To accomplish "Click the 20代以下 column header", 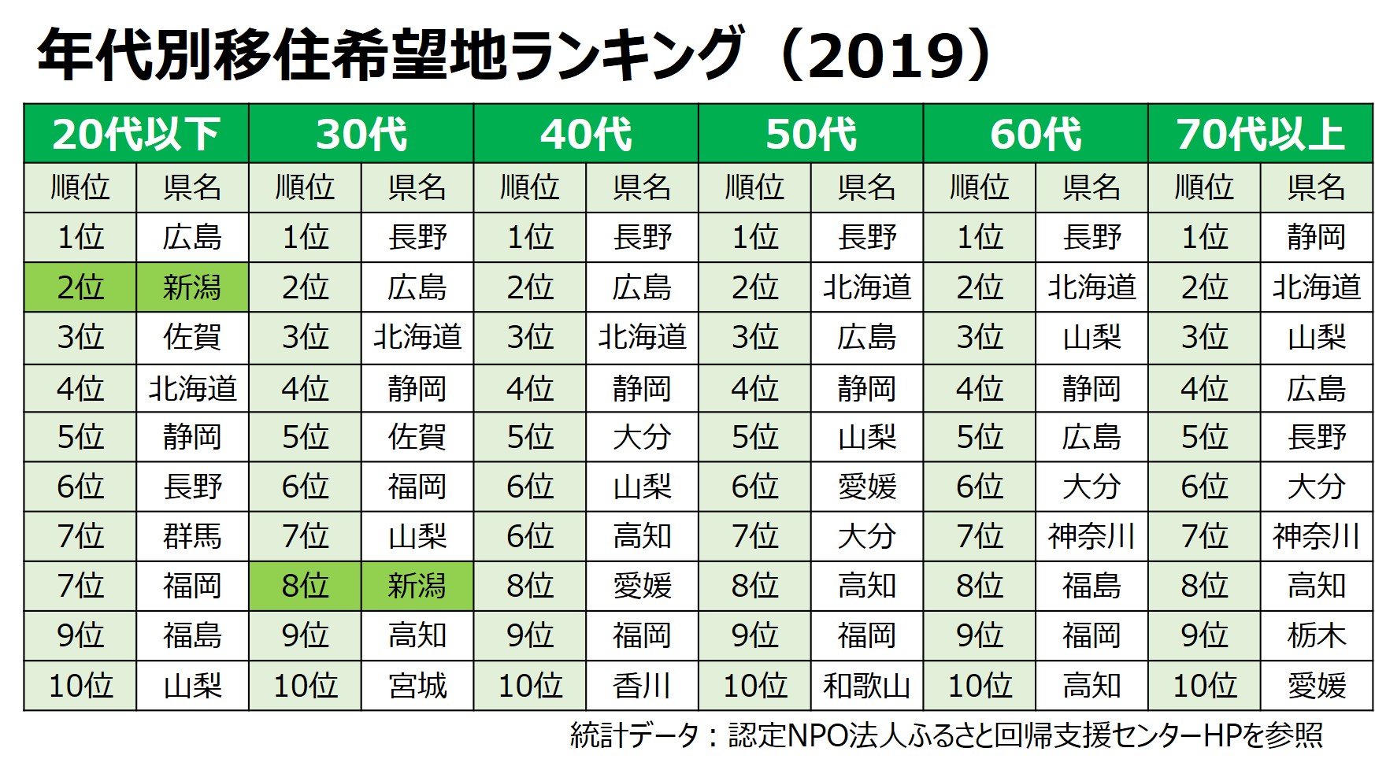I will pyautogui.click(x=136, y=134).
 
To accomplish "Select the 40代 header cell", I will pyautogui.click(x=586, y=134).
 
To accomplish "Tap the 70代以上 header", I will pyautogui.click(x=1260, y=134).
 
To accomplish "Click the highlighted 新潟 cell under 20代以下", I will pyautogui.click(x=192, y=287).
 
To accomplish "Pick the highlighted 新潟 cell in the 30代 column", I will pyautogui.click(x=417, y=586).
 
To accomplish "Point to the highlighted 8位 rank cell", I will pyautogui.click(x=305, y=586).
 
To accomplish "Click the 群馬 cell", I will pyautogui.click(x=192, y=536).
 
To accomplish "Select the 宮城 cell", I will pyautogui.click(x=417, y=686).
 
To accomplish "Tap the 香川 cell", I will pyautogui.click(x=642, y=686).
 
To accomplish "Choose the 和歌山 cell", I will pyautogui.click(x=866, y=686).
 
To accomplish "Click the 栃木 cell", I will pyautogui.click(x=1316, y=635).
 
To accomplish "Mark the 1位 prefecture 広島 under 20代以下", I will pyautogui.click(x=192, y=237).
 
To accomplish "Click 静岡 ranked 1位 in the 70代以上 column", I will pyautogui.click(x=1316, y=237).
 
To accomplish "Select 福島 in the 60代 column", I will pyautogui.click(x=1091, y=586).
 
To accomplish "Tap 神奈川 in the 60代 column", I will pyautogui.click(x=1091, y=536).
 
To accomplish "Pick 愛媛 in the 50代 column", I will pyautogui.click(x=866, y=487).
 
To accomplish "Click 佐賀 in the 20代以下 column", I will pyautogui.click(x=192, y=337).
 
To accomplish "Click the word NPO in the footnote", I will pyautogui.click(x=820, y=735).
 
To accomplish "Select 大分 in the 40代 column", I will pyautogui.click(x=642, y=437).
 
